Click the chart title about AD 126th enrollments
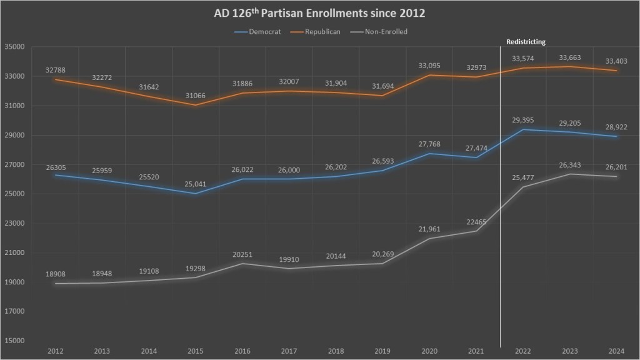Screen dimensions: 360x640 click(x=319, y=12)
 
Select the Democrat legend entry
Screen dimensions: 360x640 click(x=263, y=31)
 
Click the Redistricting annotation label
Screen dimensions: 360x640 click(x=525, y=42)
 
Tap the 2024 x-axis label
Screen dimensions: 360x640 click(x=617, y=351)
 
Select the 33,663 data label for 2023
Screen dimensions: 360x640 click(x=569, y=58)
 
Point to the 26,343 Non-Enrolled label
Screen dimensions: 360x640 click(x=569, y=165)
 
